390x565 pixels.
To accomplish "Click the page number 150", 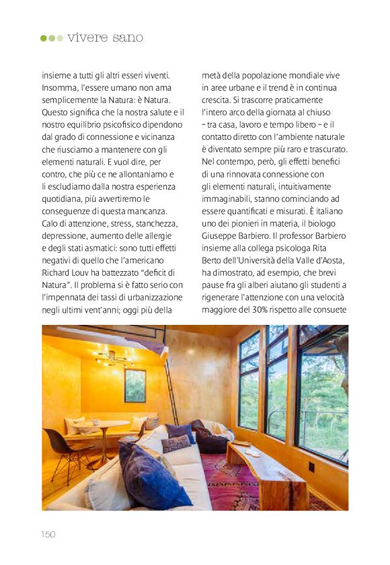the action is click(47, 534).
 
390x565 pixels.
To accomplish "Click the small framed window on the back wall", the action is click(134, 385).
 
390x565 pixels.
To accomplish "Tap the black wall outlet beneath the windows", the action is click(312, 465).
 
